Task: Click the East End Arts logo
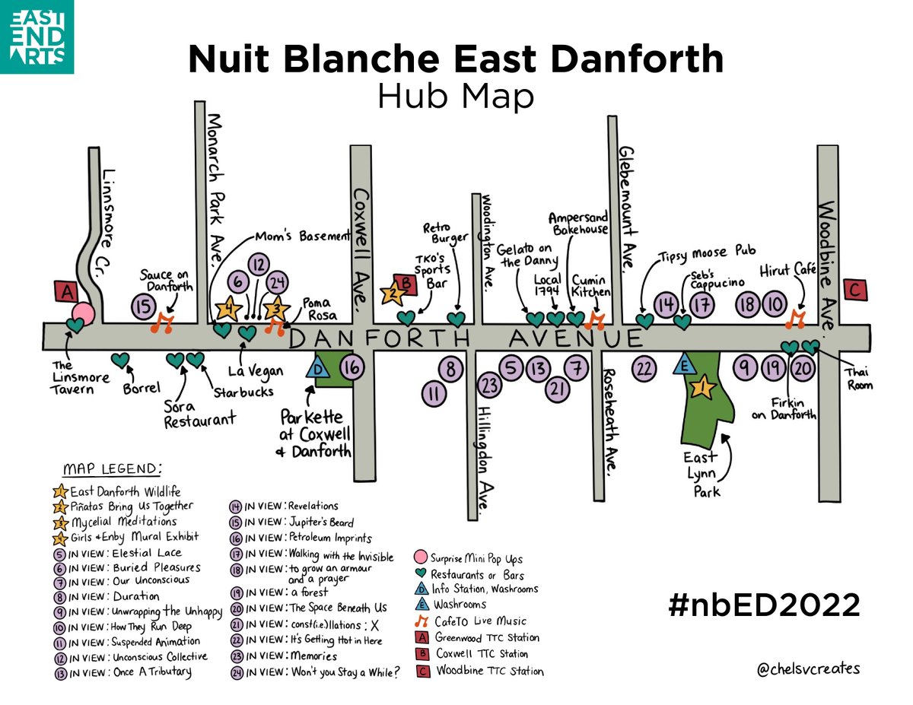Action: pyautogui.click(x=37, y=37)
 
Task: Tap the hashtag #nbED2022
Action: pyautogui.click(x=763, y=605)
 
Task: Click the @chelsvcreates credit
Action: pyautogui.click(x=808, y=668)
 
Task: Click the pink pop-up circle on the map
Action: pyautogui.click(x=83, y=313)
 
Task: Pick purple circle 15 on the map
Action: pyautogui.click(x=143, y=306)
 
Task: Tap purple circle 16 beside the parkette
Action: pyautogui.click(x=352, y=367)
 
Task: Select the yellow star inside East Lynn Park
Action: pyautogui.click(x=702, y=389)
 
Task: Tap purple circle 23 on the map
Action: pyautogui.click(x=488, y=385)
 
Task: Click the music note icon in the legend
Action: pyautogui.click(x=421, y=621)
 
